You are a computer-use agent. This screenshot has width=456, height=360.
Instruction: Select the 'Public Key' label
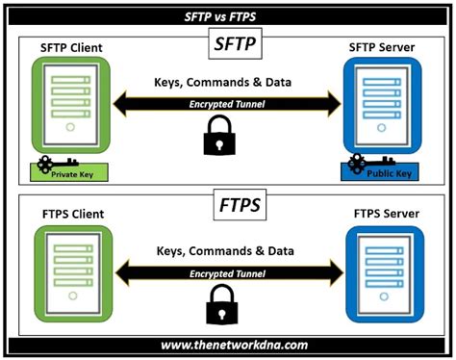click(394, 175)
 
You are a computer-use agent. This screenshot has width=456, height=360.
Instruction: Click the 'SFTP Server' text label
click(384, 49)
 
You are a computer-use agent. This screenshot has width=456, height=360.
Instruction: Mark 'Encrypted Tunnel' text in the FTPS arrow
click(227, 272)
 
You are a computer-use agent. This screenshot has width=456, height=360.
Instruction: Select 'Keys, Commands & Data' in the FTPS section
click(227, 252)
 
